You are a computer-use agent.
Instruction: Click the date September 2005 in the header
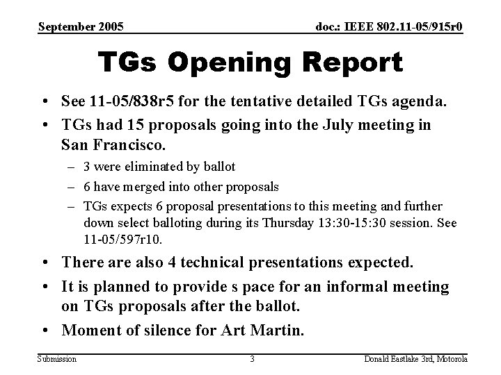82,27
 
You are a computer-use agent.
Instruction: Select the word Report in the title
355,63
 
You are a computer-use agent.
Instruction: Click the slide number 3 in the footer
253,359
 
